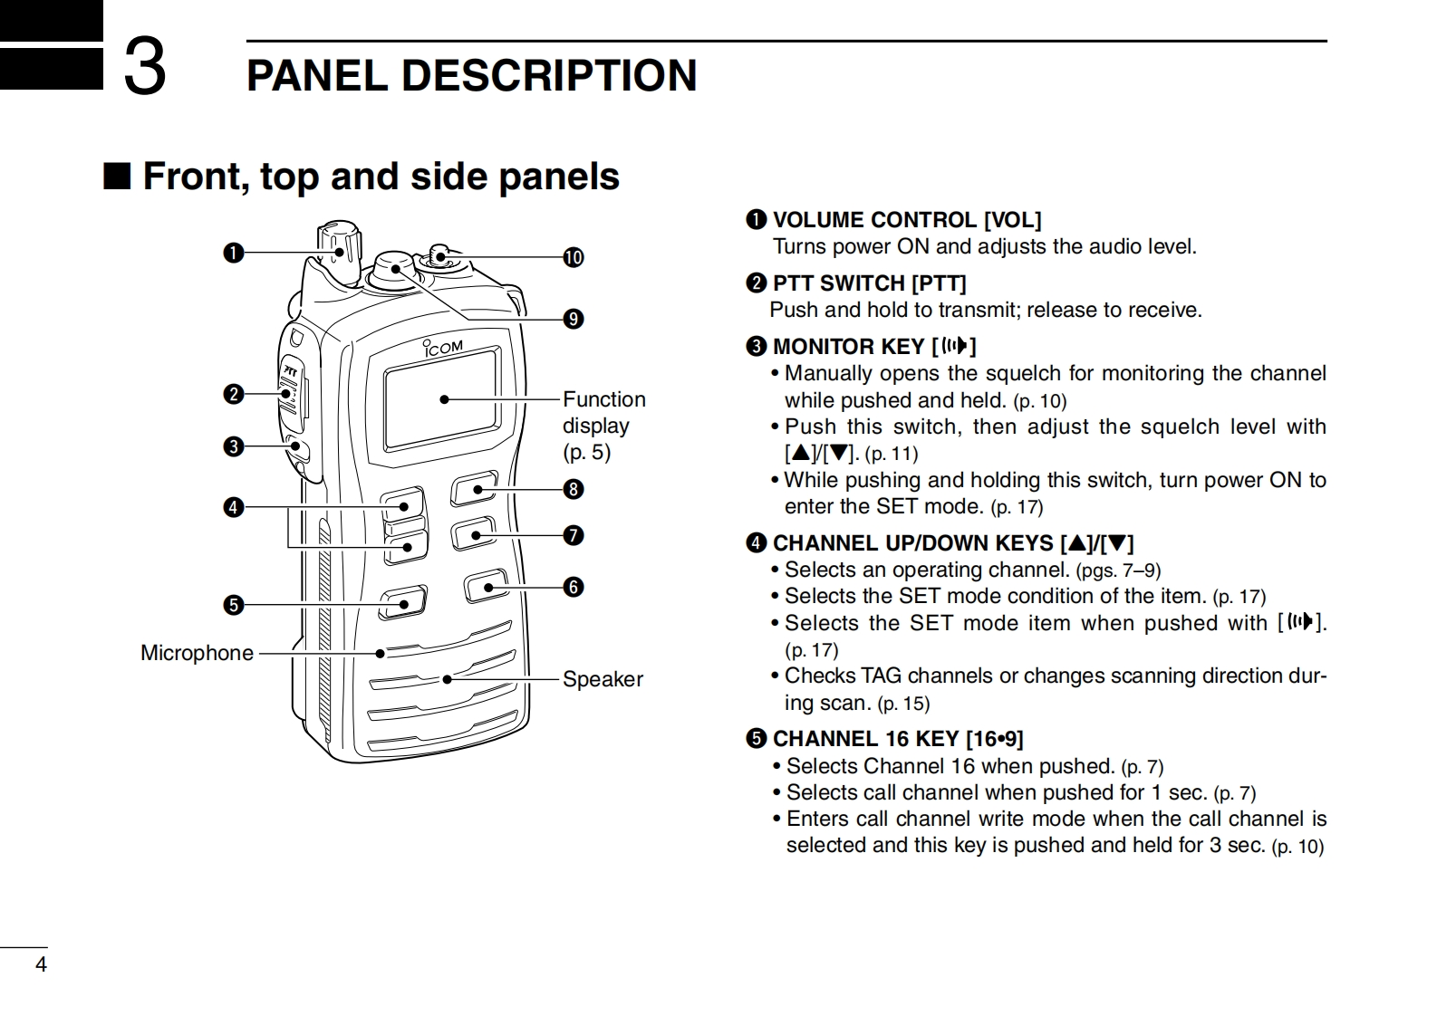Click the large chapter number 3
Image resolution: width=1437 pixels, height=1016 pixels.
(145, 66)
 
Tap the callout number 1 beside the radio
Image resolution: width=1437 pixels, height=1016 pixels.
(234, 254)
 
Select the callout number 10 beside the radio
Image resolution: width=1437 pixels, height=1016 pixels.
(574, 258)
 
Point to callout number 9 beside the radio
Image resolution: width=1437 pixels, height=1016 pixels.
(574, 319)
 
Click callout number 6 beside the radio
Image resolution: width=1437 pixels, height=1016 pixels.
(574, 588)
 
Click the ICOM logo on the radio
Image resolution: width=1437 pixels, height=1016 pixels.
(444, 348)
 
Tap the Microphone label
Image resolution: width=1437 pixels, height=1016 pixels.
(197, 653)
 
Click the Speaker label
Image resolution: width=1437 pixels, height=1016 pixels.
(603, 679)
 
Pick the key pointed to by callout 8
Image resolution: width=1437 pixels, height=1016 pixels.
(474, 489)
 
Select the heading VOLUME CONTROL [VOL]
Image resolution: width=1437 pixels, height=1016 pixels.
(906, 220)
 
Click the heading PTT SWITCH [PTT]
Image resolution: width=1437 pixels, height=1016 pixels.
(869, 283)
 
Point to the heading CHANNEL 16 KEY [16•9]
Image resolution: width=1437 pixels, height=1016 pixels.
(897, 739)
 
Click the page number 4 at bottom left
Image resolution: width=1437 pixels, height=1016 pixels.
(41, 964)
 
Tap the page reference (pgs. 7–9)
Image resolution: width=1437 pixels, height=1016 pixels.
(1118, 570)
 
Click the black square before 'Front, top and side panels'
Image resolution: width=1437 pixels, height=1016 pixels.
(117, 176)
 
